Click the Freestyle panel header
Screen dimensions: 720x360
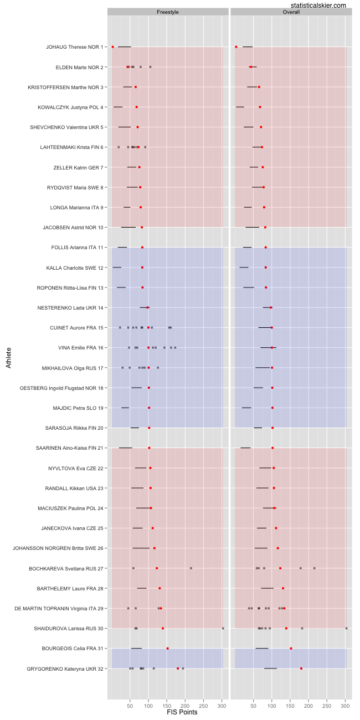click(168, 12)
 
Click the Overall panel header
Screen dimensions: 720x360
click(291, 12)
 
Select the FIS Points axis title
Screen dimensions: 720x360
click(182, 712)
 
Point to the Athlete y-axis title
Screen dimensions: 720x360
click(8, 357)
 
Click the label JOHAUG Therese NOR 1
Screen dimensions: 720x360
click(74, 47)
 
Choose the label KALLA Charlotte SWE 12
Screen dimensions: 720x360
click(75, 268)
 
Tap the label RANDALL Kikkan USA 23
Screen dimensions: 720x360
click(74, 488)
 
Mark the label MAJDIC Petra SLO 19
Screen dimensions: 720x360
click(78, 408)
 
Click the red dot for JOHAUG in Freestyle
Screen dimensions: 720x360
click(113, 47)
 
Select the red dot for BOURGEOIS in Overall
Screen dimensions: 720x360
click(291, 649)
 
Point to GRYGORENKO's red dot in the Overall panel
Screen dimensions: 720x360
click(301, 668)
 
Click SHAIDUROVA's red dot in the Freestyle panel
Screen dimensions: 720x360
click(163, 628)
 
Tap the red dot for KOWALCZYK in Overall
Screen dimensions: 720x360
click(260, 107)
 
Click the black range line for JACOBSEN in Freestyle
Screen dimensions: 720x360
click(128, 227)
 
